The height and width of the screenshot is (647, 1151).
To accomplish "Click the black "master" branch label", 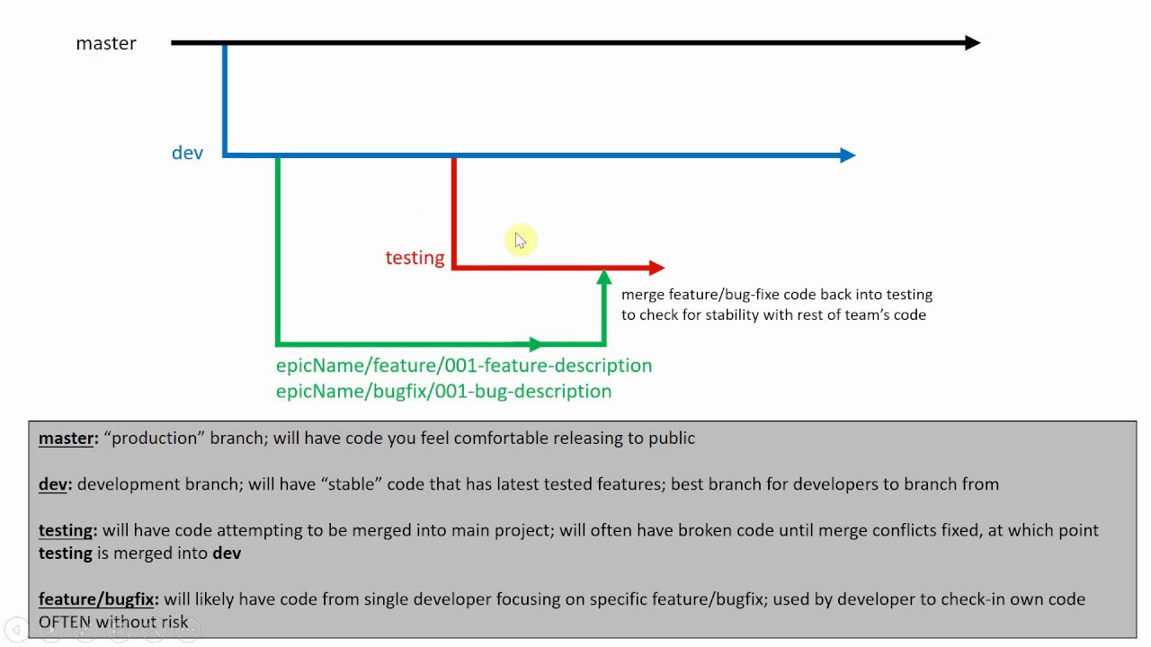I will coord(106,43).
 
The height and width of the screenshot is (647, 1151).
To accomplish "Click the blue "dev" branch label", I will coord(187,153).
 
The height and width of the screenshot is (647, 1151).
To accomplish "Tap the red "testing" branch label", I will coord(415,258).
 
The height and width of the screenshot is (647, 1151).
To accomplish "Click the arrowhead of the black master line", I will coord(971,42).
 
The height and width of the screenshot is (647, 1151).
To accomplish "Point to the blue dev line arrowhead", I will coord(846,155).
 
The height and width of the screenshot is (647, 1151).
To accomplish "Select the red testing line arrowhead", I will coord(656,267).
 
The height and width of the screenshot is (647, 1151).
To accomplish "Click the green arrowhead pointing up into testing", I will coord(603,278).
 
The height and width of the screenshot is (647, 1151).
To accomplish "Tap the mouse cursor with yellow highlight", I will coord(520,240).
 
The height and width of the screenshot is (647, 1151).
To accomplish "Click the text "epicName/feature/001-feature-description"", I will coord(463,366).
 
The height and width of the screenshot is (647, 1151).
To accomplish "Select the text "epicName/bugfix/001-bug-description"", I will coord(443,391).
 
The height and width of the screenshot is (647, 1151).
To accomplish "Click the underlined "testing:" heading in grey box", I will coord(67,530).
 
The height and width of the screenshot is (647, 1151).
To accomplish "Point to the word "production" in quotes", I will coord(156,439).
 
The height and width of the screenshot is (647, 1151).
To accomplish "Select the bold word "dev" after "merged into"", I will coord(227,554).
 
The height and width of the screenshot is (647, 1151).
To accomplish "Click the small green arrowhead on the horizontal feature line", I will coord(535,344).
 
